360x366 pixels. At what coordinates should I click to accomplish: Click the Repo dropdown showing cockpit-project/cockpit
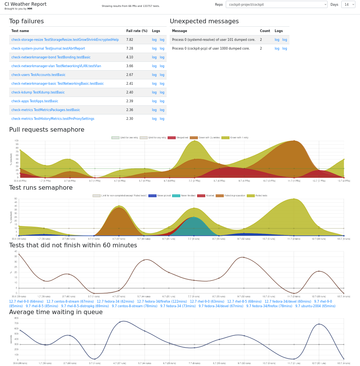point(276,5)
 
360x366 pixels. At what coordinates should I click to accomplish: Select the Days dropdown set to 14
point(348,5)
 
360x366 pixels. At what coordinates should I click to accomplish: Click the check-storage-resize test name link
point(65,40)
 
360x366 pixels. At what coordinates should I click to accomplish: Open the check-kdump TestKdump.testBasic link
point(38,92)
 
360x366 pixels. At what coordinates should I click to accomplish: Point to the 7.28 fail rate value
point(130,48)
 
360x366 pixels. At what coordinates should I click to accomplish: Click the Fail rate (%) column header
point(137,31)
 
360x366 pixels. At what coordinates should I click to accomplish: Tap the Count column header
point(265,31)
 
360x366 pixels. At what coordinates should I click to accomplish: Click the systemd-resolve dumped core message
point(214,40)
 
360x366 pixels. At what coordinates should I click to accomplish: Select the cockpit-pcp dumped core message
point(211,48)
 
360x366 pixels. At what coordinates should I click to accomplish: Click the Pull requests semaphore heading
point(47,130)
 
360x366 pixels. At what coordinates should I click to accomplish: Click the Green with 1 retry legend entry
point(235,137)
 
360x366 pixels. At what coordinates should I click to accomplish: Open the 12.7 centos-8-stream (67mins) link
point(70,302)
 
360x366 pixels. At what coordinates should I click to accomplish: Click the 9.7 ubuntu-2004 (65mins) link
point(315,306)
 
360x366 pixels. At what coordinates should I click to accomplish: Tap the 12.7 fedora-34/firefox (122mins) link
point(162,302)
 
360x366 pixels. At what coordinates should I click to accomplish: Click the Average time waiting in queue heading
point(56,312)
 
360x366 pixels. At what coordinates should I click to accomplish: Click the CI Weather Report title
point(26,4)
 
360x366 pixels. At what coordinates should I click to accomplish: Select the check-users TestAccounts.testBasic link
point(38,75)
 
